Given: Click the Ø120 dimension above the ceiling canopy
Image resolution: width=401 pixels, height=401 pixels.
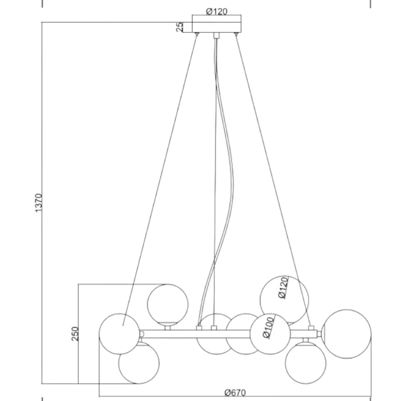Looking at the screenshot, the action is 217,12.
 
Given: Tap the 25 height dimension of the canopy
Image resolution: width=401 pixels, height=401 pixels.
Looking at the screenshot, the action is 180,26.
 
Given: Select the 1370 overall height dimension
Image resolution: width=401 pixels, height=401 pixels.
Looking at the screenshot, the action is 38,203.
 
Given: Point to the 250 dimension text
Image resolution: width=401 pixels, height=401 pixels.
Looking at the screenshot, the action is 75,334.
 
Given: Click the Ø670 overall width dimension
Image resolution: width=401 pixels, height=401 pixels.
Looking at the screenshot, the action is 235,393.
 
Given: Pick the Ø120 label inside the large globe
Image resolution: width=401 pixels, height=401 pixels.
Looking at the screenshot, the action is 283,288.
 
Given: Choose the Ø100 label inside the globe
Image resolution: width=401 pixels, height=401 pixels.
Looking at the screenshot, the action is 268,328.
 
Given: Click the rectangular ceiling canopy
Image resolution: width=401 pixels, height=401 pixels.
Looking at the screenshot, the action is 217,27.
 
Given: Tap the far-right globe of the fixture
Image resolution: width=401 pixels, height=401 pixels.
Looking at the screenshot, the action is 347,334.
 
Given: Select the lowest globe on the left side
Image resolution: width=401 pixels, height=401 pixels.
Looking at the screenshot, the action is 139,363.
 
